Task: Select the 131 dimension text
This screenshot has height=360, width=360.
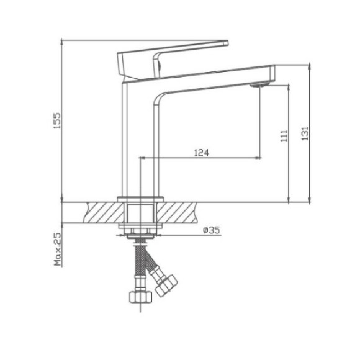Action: click(x=305, y=133)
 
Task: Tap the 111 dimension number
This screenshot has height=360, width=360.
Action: click(x=283, y=137)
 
